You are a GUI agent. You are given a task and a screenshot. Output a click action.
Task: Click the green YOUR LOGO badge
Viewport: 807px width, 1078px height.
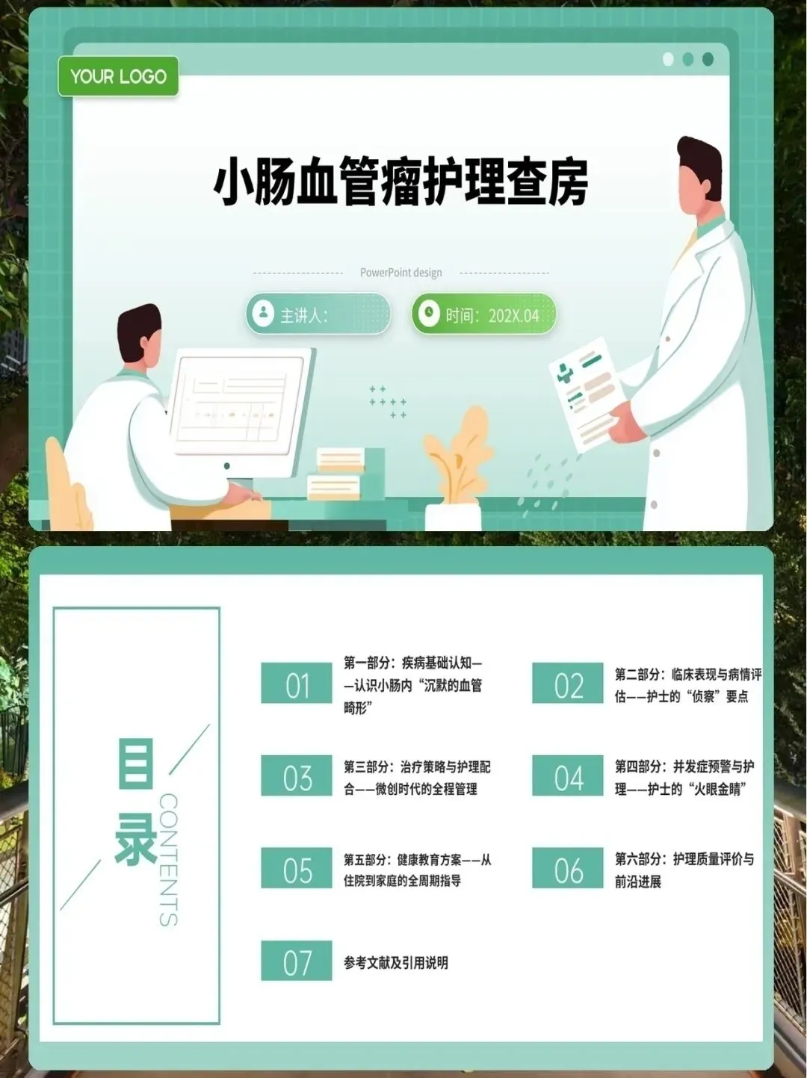(x=118, y=76)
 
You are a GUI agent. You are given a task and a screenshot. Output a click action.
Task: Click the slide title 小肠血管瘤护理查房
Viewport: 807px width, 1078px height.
(x=401, y=181)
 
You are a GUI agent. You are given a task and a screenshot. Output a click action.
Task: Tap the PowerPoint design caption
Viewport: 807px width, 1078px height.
(x=401, y=273)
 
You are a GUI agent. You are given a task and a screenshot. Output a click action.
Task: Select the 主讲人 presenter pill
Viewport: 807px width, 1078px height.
(x=318, y=314)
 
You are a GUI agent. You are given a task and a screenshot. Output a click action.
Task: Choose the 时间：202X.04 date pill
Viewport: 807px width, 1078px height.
(x=483, y=314)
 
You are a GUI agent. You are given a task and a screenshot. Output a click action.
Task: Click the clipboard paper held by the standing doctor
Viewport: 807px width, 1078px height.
(x=586, y=394)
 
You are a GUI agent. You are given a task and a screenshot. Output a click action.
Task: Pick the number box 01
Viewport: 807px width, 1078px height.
(x=296, y=683)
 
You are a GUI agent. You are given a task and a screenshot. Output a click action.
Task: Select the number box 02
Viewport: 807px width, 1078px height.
(x=567, y=683)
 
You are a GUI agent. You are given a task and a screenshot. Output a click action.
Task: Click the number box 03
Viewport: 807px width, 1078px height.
(x=296, y=775)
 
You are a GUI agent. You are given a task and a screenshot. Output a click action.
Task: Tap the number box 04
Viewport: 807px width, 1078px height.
(x=567, y=775)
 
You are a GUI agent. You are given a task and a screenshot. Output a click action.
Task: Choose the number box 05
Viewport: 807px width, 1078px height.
(x=296, y=868)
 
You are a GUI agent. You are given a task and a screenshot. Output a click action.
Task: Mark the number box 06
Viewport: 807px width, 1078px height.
(x=567, y=868)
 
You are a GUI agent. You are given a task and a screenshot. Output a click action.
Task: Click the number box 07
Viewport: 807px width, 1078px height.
(x=296, y=961)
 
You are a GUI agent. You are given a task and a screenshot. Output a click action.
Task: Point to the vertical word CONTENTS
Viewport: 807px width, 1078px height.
(x=168, y=860)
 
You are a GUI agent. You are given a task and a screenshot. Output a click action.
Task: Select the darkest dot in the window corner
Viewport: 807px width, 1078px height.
(x=708, y=59)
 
